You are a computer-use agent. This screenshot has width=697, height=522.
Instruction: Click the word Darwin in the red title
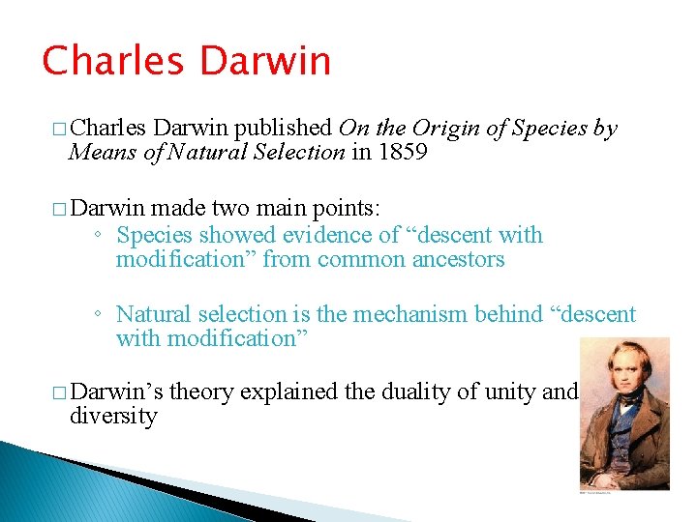(264, 61)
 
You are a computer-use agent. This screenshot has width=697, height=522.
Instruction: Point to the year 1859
(402, 152)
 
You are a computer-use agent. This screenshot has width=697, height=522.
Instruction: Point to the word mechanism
(399, 314)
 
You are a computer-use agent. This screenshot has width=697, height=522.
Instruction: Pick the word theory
(201, 392)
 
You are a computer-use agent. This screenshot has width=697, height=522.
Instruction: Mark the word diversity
(112, 417)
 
